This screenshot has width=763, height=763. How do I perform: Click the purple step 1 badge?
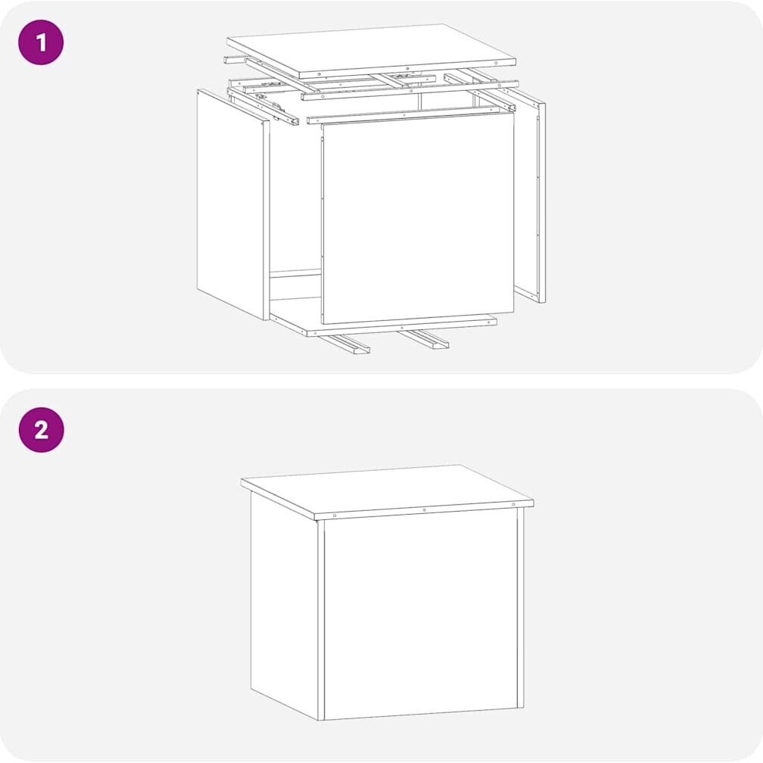click(x=41, y=42)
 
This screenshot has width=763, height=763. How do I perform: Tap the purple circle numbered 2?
click(x=42, y=430)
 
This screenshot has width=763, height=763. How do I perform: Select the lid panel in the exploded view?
click(x=371, y=50)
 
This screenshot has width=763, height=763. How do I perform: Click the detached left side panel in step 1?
click(x=232, y=204)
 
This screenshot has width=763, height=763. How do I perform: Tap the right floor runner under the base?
click(x=422, y=338)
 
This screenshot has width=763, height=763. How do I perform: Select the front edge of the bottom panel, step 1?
click(x=402, y=326)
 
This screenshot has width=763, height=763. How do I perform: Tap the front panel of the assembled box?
click(x=420, y=617)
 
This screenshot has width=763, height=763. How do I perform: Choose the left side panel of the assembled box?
click(x=284, y=603)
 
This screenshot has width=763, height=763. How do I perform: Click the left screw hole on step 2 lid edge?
click(x=335, y=515)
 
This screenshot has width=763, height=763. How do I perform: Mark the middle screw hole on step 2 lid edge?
click(x=424, y=510)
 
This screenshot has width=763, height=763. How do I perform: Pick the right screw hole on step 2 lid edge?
click(x=513, y=504)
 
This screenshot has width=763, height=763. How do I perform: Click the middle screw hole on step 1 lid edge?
click(x=408, y=69)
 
